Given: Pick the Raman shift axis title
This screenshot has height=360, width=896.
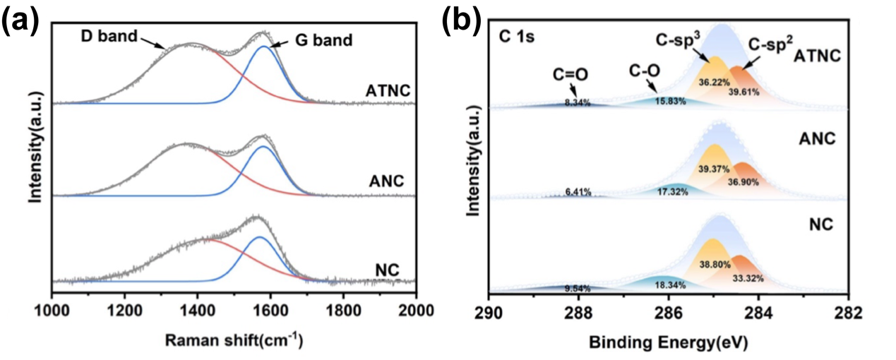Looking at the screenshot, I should pos(234,340).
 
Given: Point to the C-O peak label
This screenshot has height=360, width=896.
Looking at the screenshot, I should pos(640,71).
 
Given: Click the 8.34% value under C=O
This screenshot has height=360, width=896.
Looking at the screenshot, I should pos(578,102).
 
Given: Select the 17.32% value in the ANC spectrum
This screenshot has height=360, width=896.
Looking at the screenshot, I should pos(671,192).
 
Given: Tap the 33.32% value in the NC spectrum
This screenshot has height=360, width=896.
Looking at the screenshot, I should pos(748,278).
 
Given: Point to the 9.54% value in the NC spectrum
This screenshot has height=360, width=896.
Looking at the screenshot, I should pos(578,289).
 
